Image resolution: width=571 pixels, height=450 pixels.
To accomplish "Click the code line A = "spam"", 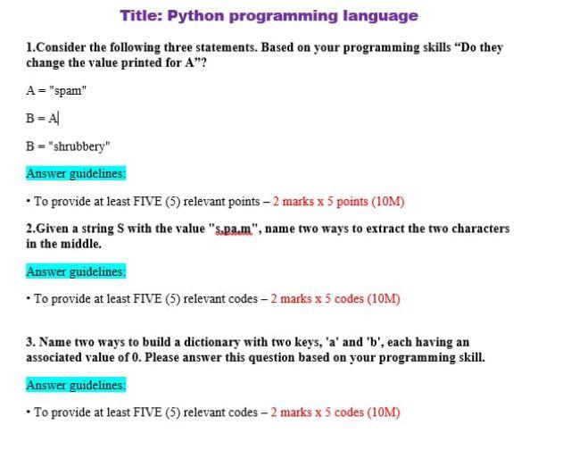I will [54, 89].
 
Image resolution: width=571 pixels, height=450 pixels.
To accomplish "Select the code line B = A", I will [42, 118].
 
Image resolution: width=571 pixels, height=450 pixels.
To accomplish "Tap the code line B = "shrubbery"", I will [68, 146].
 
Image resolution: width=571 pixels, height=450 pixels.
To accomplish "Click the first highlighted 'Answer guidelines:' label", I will [76, 173].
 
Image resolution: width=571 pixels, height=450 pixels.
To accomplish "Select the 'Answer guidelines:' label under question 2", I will [76, 271].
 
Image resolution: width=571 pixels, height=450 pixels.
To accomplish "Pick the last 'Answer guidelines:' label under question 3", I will [76, 385].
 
